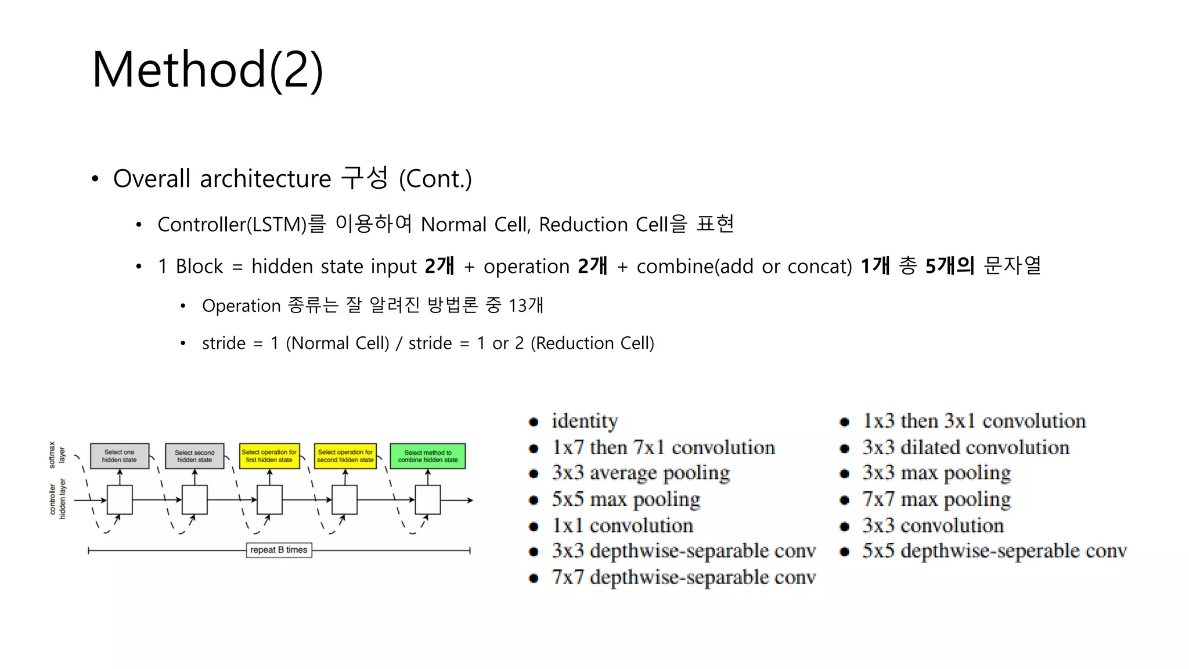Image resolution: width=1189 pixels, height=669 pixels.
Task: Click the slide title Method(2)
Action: [x=207, y=70]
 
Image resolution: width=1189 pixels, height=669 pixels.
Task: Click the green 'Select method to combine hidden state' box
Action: [x=428, y=456]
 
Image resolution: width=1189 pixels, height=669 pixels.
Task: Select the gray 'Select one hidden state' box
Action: [x=120, y=456]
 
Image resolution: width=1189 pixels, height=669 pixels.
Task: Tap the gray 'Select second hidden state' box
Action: [x=194, y=456]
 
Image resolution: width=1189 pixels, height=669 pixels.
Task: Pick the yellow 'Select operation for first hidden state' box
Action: [x=269, y=456]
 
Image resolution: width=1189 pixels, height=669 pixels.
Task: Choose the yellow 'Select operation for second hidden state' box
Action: [x=345, y=456]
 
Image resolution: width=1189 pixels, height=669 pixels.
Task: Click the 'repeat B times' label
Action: [x=279, y=550]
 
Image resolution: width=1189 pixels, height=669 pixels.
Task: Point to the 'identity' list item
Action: [x=584, y=421]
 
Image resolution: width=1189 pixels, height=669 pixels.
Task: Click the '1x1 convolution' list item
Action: [x=622, y=526]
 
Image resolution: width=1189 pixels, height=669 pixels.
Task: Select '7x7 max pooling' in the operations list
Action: [x=936, y=499]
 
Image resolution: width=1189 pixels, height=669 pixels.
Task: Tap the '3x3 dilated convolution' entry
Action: [x=965, y=448]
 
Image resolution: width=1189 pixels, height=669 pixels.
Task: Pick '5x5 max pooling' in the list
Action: [x=626, y=499]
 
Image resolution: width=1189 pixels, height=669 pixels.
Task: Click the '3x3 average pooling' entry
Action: [x=640, y=473]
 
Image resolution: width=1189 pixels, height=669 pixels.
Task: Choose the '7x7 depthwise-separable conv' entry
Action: [x=683, y=577]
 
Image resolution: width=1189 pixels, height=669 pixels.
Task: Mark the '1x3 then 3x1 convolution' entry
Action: [x=974, y=421]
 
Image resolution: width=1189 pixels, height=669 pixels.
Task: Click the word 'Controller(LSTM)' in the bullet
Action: [x=232, y=225]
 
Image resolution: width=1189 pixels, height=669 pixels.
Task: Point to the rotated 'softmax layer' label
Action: [x=57, y=455]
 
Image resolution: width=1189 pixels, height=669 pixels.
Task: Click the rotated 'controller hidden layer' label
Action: [x=57, y=499]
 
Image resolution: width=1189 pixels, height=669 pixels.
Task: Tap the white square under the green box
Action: [x=428, y=499]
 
